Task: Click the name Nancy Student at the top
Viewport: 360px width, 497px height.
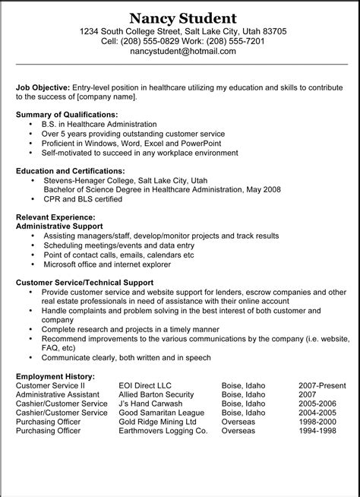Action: point(182,17)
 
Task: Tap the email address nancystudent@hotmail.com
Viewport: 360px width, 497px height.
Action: point(182,52)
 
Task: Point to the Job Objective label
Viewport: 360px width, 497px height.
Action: point(43,87)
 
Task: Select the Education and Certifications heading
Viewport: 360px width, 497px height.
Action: point(71,171)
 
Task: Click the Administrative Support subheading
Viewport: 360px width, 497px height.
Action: point(59,226)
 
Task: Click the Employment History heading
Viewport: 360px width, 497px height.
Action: point(55,375)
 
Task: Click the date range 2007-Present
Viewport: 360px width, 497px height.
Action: point(321,385)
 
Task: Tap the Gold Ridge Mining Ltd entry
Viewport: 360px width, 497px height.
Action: point(162,421)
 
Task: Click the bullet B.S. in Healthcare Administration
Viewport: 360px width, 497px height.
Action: point(99,123)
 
